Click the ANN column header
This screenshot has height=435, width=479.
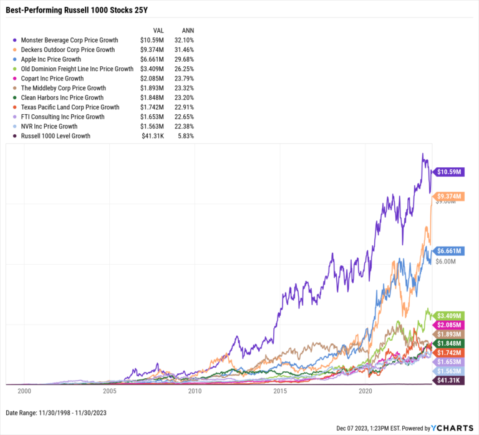pos(186,30)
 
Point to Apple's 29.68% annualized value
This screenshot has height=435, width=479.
pos(185,59)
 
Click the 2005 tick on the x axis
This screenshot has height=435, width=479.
pos(109,391)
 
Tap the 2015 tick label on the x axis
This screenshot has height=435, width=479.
pos(280,391)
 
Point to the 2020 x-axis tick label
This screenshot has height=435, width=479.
pos(365,391)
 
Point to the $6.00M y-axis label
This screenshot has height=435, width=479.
pos(445,262)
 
